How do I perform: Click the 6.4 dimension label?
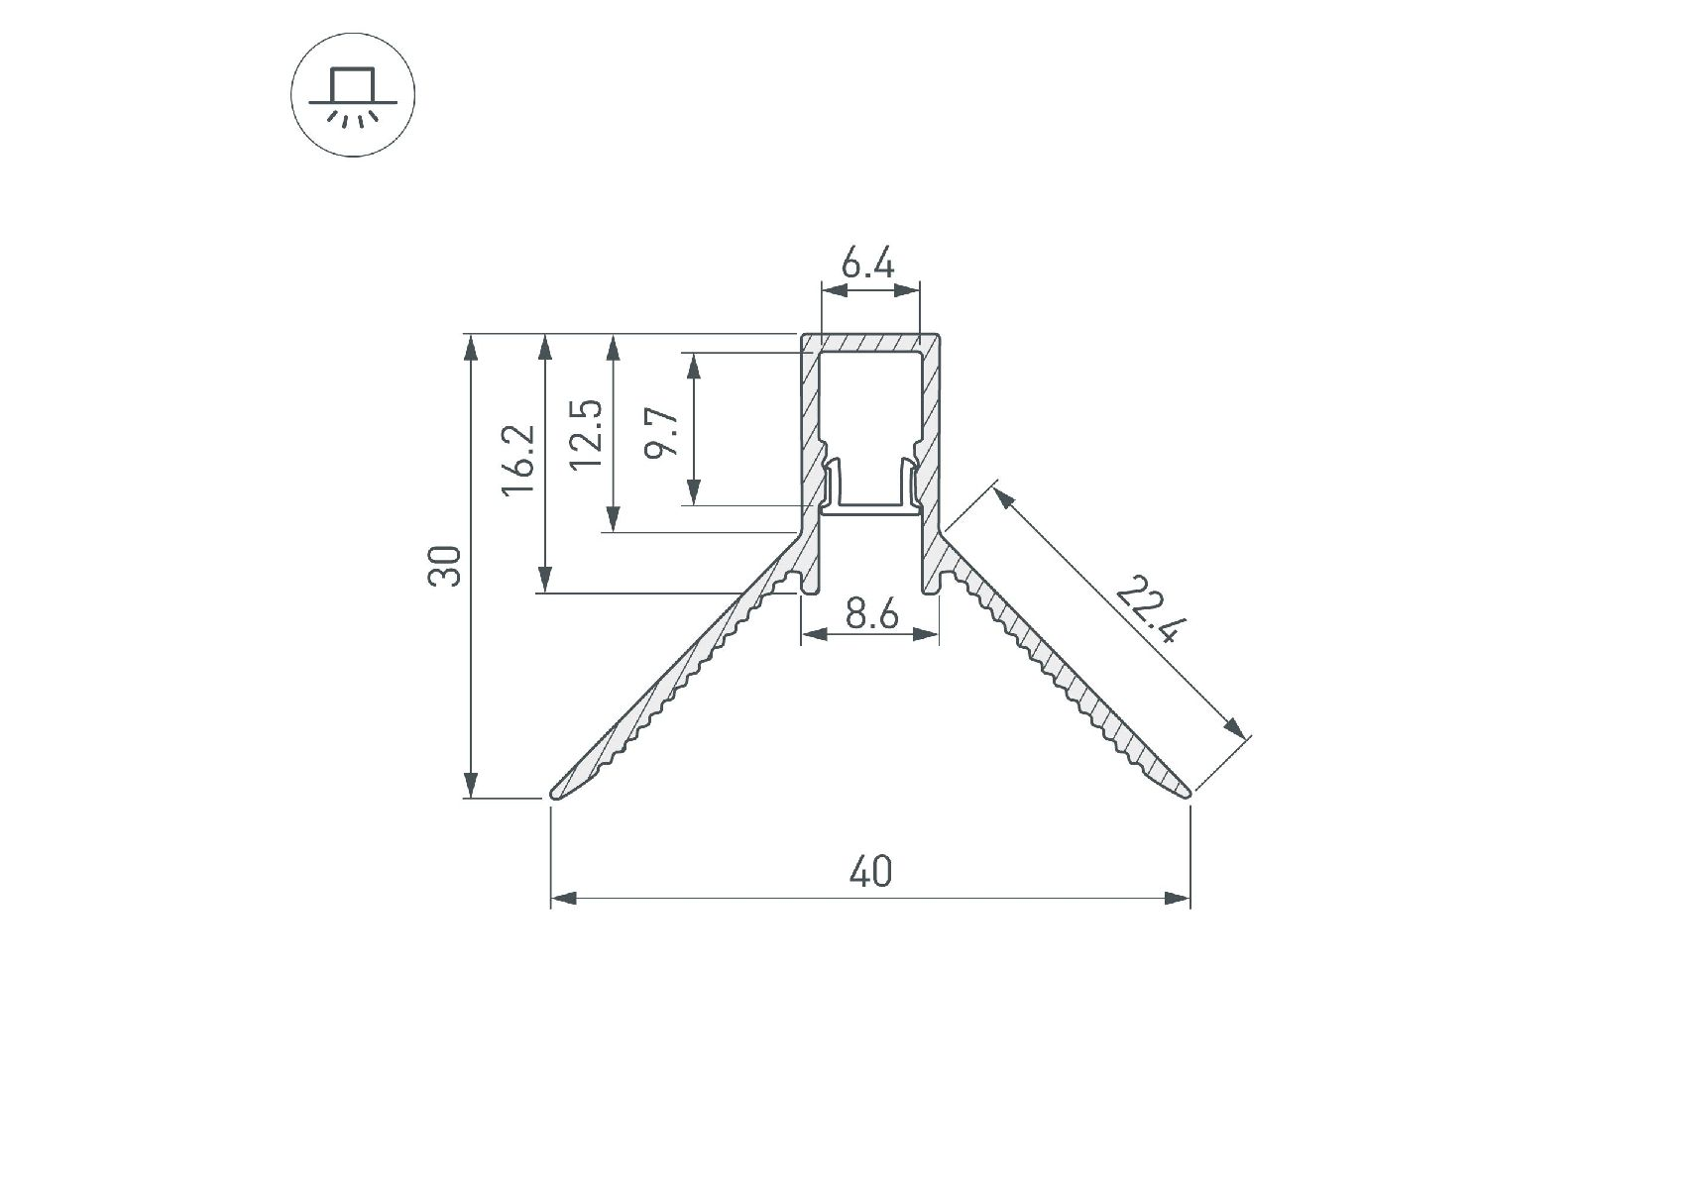tap(868, 265)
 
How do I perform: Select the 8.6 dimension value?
tap(872, 615)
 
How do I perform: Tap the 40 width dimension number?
tap(871, 871)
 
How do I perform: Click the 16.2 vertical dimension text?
tap(517, 461)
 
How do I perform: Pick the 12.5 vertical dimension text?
tap(588, 433)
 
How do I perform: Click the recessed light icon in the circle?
tap(353, 97)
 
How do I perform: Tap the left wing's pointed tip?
tap(551, 795)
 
